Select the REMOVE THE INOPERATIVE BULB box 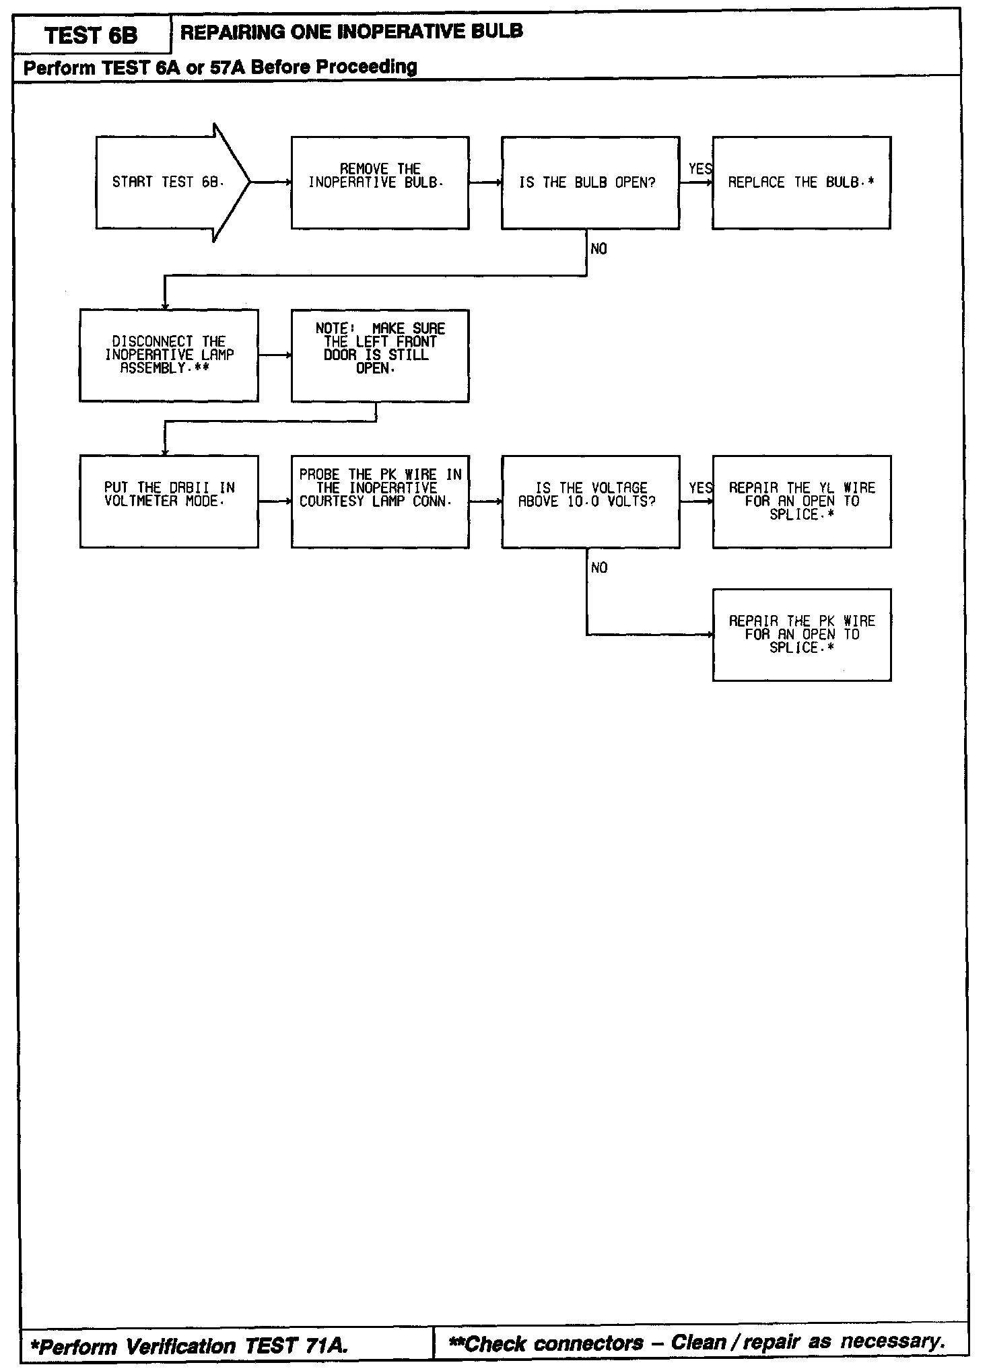click(380, 182)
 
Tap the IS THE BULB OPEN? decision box click(590, 182)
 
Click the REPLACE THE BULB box click(801, 182)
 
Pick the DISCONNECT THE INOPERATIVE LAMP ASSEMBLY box click(169, 355)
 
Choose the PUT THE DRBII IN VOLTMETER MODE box click(169, 501)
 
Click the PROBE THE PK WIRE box click(380, 501)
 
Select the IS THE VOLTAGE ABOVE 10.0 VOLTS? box click(590, 501)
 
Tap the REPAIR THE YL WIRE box click(801, 501)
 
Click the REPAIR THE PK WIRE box click(801, 635)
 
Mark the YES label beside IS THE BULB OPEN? click(699, 169)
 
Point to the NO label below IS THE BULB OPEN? click(599, 249)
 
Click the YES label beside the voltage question click(699, 488)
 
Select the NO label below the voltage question click(599, 568)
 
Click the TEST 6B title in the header click(91, 35)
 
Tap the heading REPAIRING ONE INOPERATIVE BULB click(351, 32)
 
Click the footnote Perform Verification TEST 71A click(190, 1345)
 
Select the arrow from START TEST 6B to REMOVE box click(271, 182)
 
